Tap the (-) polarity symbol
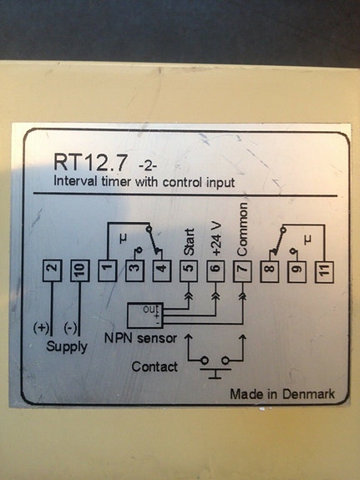click(71, 328)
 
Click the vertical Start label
click(189, 240)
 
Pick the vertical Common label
click(243, 229)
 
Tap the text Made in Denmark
click(282, 393)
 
